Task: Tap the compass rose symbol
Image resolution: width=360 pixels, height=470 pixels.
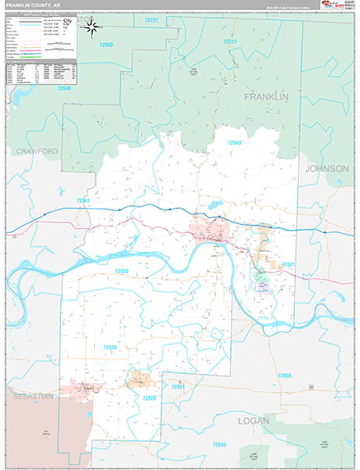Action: tap(91, 28)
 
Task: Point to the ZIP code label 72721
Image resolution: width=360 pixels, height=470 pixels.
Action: tap(230, 41)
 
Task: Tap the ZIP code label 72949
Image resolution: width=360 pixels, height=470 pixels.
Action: tap(235, 143)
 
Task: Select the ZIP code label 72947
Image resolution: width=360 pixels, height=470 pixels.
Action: tap(84, 201)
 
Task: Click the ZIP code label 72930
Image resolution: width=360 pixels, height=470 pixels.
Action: tap(122, 271)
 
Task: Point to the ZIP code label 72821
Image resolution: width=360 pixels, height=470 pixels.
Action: tap(290, 265)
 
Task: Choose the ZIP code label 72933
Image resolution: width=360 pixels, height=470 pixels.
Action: tap(110, 347)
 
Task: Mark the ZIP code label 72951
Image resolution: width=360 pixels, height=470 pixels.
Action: tap(179, 387)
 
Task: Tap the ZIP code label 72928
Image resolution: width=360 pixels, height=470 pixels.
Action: tap(149, 398)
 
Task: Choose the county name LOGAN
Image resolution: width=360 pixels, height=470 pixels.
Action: tap(254, 421)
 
